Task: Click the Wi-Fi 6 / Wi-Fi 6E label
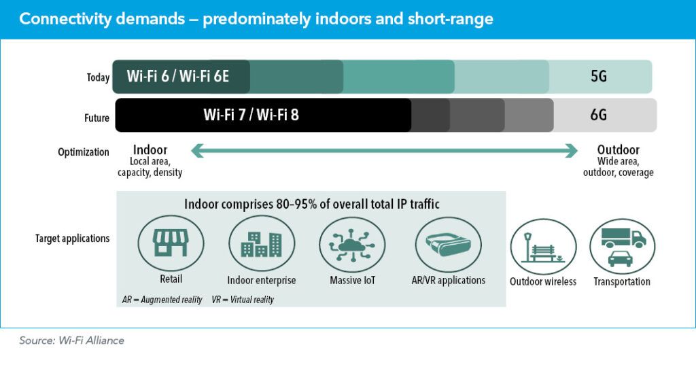(x=178, y=77)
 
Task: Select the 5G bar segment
(x=599, y=76)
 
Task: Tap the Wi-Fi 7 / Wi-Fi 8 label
(x=251, y=115)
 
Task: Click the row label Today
(x=98, y=77)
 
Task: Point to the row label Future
(x=97, y=118)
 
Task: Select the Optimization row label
(x=84, y=152)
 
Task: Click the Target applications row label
(x=73, y=239)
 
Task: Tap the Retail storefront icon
(x=171, y=243)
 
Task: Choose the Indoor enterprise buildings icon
(x=261, y=243)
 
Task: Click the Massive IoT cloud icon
(x=351, y=243)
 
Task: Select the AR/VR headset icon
(x=447, y=243)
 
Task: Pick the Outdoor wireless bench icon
(x=543, y=247)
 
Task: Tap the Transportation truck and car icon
(x=622, y=247)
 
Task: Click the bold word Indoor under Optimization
(x=150, y=150)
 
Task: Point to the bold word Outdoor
(x=619, y=150)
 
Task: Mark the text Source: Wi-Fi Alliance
(x=71, y=340)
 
